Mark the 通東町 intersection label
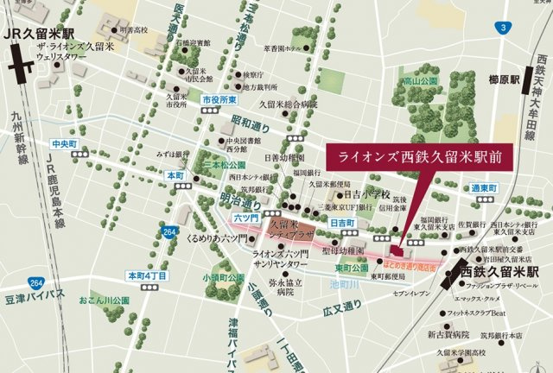(x=511, y=187)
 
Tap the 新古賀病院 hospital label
(x=448, y=333)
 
